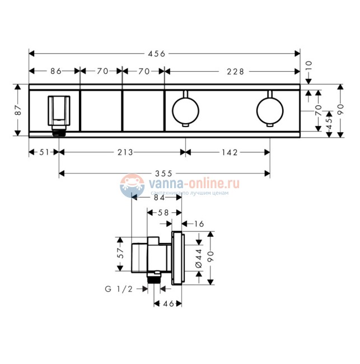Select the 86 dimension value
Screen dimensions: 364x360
[55, 71]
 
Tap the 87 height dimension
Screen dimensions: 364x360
[17, 110]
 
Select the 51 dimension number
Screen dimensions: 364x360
[44, 152]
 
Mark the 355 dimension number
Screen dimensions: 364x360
[165, 174]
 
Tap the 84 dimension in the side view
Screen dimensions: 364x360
[158, 197]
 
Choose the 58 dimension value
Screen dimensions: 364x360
[163, 212]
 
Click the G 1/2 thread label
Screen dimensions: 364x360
[119, 289]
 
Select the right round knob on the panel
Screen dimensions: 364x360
[269, 109]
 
